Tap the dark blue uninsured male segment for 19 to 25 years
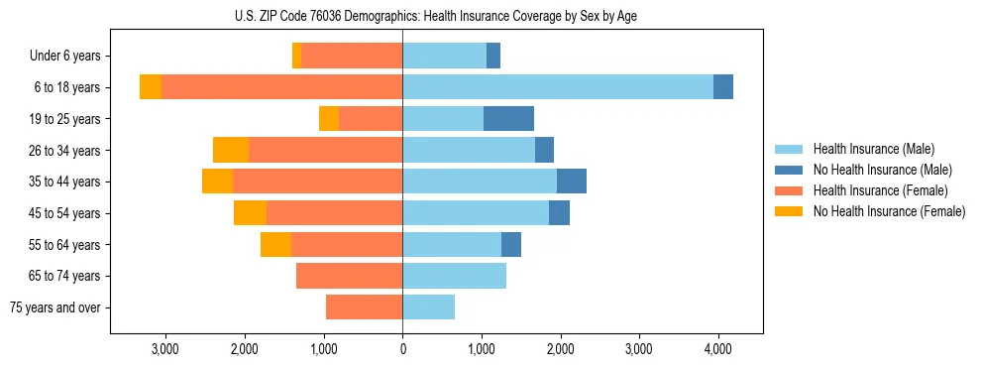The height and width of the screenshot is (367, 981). (x=508, y=119)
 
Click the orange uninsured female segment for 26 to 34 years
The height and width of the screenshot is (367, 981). (x=231, y=150)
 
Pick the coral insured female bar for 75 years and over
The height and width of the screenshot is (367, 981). (x=364, y=307)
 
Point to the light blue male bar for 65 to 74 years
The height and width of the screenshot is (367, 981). (x=454, y=276)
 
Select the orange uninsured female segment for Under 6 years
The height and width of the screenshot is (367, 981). (x=296, y=57)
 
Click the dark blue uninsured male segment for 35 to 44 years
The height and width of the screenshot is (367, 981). (x=572, y=182)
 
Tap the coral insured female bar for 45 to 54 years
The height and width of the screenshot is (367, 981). (x=334, y=213)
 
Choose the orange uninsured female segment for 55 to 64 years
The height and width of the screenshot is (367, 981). (x=275, y=245)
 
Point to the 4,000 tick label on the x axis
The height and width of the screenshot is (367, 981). (x=718, y=348)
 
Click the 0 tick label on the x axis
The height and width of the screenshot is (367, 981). (x=402, y=348)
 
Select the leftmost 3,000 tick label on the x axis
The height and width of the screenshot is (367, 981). (x=164, y=348)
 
